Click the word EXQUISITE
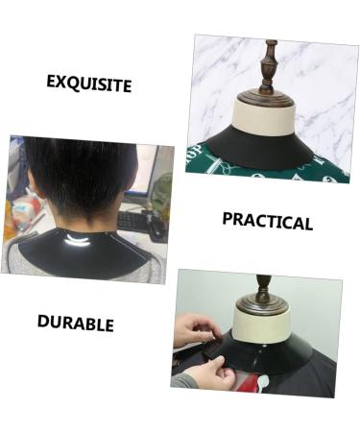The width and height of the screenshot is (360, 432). (88, 83)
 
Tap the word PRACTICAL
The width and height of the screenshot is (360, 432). (267, 221)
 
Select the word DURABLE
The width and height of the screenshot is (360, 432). (75, 323)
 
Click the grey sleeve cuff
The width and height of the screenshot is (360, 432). (185, 381)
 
